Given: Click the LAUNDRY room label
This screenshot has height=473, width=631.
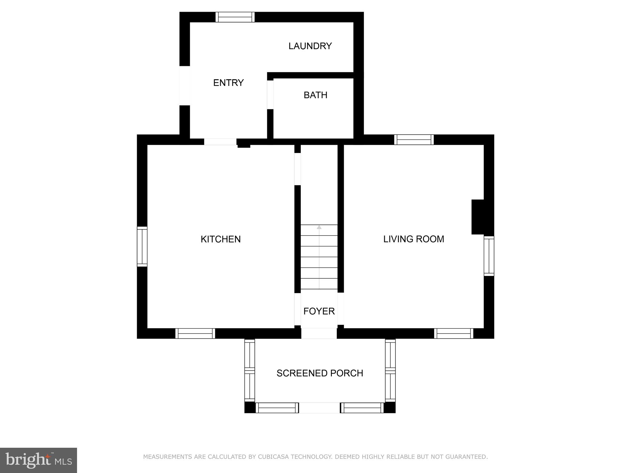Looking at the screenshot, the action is [x=310, y=46].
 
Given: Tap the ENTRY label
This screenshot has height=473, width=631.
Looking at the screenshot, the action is [x=228, y=83].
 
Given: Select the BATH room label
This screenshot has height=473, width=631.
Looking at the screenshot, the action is [x=315, y=95].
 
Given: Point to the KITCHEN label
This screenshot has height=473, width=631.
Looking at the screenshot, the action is [x=221, y=239].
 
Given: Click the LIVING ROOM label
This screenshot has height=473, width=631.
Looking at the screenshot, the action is [x=413, y=239].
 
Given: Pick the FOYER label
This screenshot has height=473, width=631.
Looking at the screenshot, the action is [x=319, y=311].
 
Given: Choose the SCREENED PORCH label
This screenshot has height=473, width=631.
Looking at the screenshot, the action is [x=320, y=373].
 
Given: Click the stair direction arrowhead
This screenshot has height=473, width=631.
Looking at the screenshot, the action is [x=319, y=227].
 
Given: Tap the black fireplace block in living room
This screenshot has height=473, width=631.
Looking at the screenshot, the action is [x=478, y=217].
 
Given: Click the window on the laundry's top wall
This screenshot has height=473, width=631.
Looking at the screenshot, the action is [x=235, y=17].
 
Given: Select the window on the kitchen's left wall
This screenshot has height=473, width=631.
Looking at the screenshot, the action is [x=142, y=246].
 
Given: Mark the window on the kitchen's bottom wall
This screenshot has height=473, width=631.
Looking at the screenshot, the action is [x=195, y=334].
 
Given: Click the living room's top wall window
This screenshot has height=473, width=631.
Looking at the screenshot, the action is [x=414, y=140].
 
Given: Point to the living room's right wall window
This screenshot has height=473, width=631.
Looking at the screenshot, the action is [x=489, y=256].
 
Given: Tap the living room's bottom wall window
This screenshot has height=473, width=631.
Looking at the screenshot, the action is [x=454, y=334].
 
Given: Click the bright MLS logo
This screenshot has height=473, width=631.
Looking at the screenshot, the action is [x=39, y=460].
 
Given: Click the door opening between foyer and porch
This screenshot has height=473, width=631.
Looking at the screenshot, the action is [x=319, y=334].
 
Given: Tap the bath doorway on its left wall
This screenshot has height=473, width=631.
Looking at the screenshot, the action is [x=270, y=95].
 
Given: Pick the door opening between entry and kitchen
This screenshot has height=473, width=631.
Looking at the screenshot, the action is [x=220, y=142].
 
